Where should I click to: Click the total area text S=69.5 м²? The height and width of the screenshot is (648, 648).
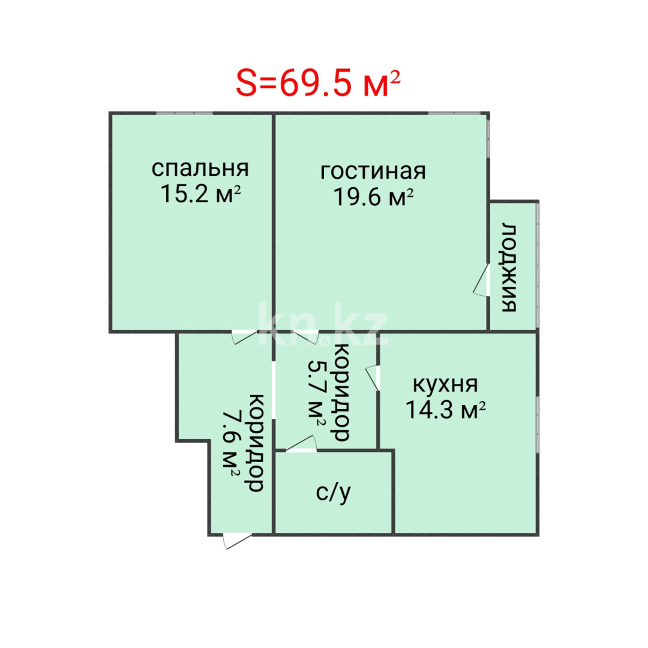point(317,84)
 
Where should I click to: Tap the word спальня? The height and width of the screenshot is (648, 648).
point(200,169)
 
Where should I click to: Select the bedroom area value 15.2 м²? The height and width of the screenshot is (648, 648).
point(200,194)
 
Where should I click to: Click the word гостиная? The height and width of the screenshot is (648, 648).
point(373,171)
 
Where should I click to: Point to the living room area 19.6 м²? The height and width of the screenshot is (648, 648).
point(374,197)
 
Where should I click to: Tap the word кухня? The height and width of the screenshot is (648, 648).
point(445,384)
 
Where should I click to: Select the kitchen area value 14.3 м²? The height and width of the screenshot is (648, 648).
point(445,410)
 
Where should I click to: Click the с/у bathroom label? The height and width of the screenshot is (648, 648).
point(334,493)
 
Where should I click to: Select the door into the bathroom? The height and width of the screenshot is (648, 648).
point(301,444)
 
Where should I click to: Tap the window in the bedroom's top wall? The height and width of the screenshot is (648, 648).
point(184,113)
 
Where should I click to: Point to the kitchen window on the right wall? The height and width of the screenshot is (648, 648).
point(538,422)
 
